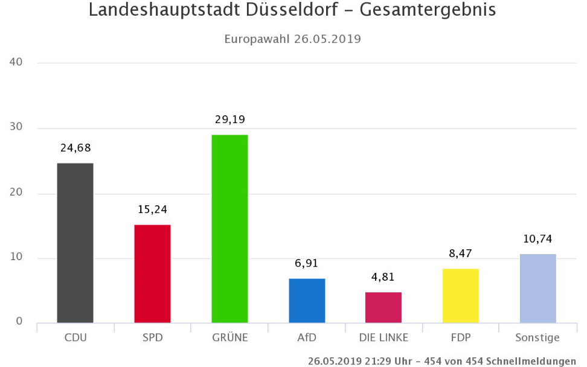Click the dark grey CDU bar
coord(75,243)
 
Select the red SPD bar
coord(152,273)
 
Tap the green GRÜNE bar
coord(229,229)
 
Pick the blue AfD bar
coord(307,301)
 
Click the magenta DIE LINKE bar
coord(383,307)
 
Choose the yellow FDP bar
coord(461,296)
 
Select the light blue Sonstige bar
coord(537,289)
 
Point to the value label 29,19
coord(229,120)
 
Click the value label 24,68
coord(75,148)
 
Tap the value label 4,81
coord(383,277)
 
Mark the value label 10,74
coord(537,239)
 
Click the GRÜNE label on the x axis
coord(229,337)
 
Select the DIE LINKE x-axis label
coord(383,337)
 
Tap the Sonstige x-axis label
coord(537,337)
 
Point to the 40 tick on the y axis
coord(16,62)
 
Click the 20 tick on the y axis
coord(16,193)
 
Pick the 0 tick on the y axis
coord(19,322)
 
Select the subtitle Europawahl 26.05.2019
coord(293,39)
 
